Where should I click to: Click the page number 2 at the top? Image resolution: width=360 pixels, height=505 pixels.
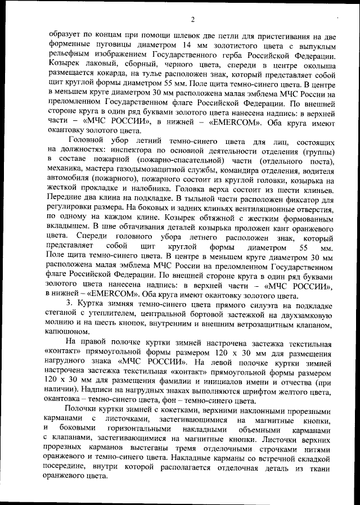(192, 20)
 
